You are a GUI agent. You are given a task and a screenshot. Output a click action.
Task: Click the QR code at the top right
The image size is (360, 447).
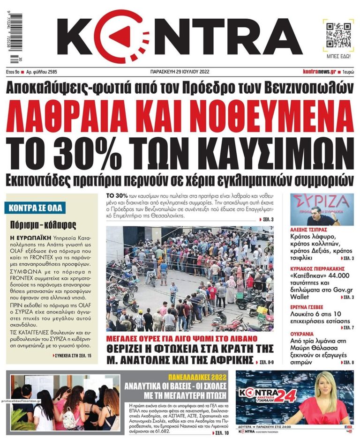336,34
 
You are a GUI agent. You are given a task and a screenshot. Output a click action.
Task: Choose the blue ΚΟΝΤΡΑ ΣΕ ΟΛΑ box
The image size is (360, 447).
35,207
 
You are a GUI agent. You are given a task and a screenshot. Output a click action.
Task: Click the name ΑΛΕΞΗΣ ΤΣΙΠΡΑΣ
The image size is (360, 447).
308,231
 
